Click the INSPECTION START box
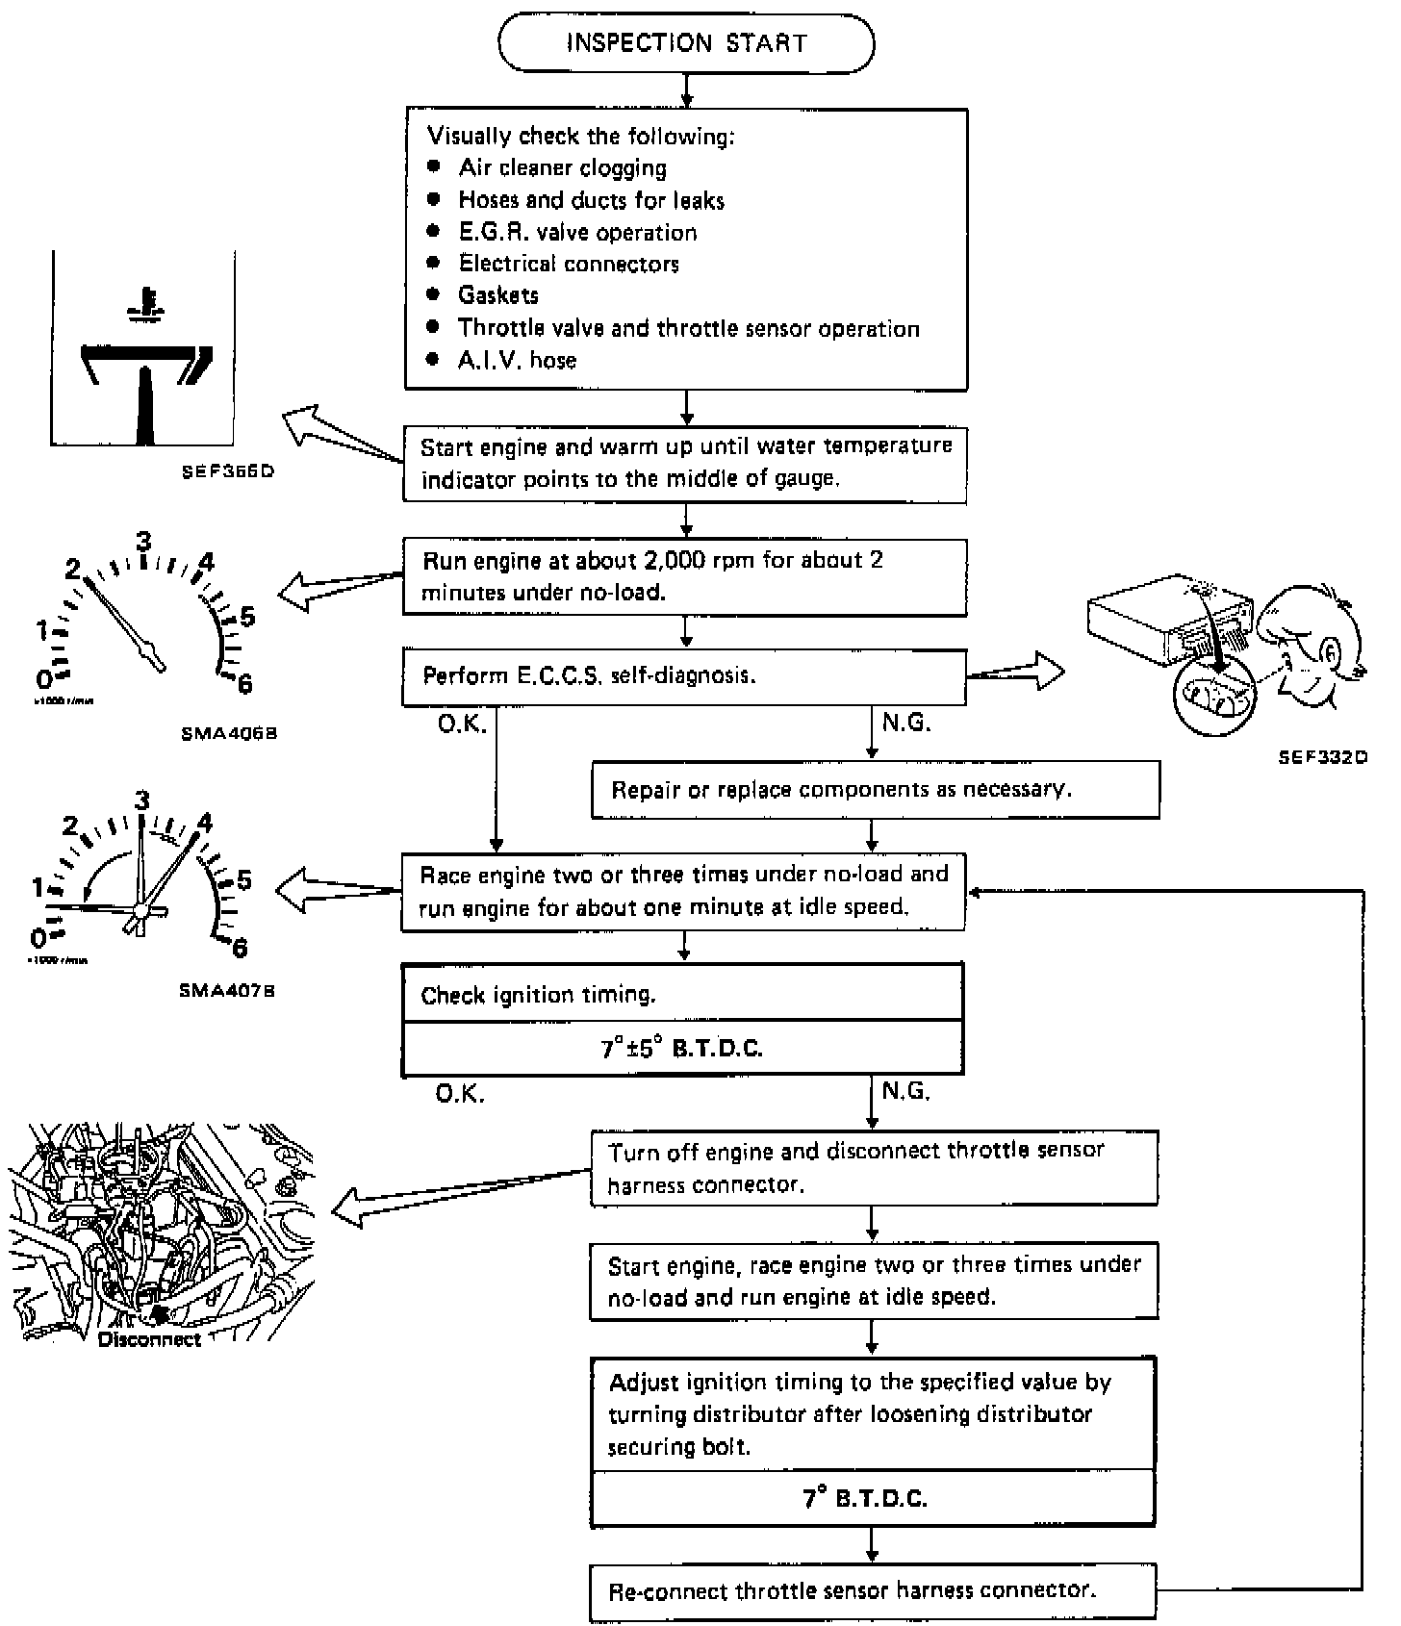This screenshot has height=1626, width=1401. tap(686, 43)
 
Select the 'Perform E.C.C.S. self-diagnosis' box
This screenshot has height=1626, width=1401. tap(683, 676)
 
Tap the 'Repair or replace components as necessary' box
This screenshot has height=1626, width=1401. tap(875, 790)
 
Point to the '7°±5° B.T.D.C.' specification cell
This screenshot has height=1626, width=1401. tap(682, 1048)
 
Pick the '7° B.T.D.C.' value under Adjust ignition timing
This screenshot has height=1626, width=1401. tap(873, 1498)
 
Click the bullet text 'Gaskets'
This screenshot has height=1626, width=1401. tap(498, 295)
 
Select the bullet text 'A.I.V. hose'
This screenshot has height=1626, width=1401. tap(518, 361)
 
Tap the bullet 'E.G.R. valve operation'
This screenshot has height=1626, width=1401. tap(577, 233)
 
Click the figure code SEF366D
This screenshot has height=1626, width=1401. tap(227, 472)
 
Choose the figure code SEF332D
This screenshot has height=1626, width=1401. tap(1322, 757)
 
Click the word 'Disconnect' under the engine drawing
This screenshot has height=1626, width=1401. tap(150, 1339)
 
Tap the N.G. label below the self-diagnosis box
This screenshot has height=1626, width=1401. tap(906, 723)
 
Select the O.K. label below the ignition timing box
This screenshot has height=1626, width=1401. tap(461, 1094)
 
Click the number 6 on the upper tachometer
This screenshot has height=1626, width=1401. tap(244, 683)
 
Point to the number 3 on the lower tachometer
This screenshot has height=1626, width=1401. tap(142, 800)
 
